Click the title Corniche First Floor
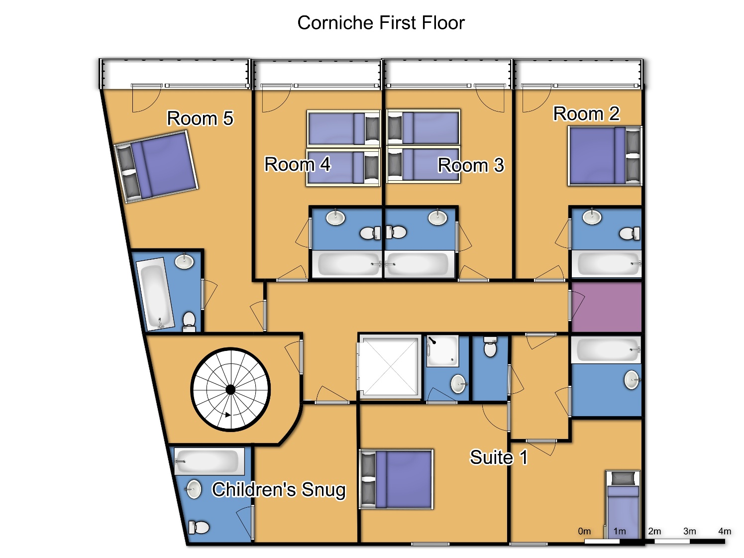(381, 23)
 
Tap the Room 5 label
(200, 118)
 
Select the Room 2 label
(586, 113)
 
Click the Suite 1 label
(499, 457)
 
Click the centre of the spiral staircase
(230, 390)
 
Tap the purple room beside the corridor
(606, 307)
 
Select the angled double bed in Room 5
(156, 167)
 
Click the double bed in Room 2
(605, 156)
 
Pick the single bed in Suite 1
(623, 505)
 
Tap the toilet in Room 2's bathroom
(630, 233)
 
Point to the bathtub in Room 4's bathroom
(347, 264)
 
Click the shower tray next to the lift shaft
(443, 351)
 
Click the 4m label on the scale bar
(724, 531)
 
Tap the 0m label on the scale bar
(584, 531)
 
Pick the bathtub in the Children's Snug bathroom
(209, 461)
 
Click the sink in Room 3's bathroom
(437, 217)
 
